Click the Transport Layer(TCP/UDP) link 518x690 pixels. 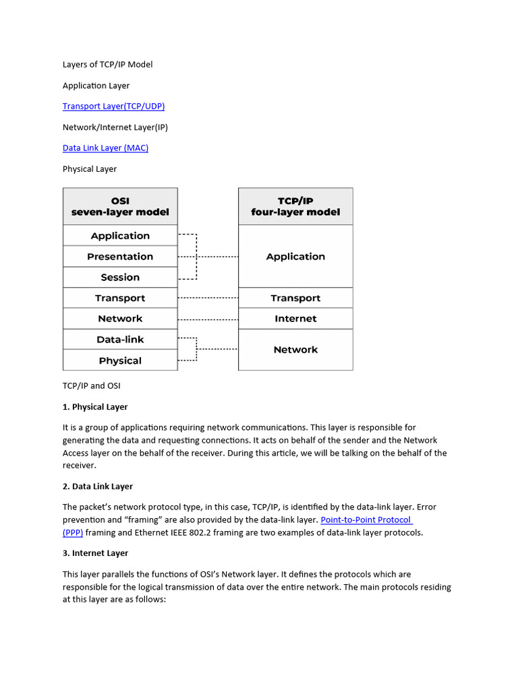click(113, 106)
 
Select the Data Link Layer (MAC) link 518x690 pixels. click(105, 148)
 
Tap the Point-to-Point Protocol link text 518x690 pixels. click(366, 520)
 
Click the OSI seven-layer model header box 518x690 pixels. click(120, 206)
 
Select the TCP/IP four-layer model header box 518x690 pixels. click(295, 206)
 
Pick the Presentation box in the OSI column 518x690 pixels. click(120, 257)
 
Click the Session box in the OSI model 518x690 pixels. click(120, 278)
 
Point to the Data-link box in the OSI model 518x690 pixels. click(120, 340)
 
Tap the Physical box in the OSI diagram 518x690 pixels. click(120, 360)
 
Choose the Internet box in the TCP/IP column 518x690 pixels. click(295, 319)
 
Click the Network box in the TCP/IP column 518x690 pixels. click(295, 350)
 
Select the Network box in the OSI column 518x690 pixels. click(120, 319)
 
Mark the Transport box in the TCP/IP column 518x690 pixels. click(295, 298)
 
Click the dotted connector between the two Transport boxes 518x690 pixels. click(208, 298)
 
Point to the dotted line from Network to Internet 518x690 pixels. click(208, 319)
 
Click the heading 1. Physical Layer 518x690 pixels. click(95, 407)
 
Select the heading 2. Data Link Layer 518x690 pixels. click(98, 487)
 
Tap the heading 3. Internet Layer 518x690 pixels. click(95, 553)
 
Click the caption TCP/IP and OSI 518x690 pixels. click(91, 386)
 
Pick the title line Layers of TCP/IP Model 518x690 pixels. click(108, 65)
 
